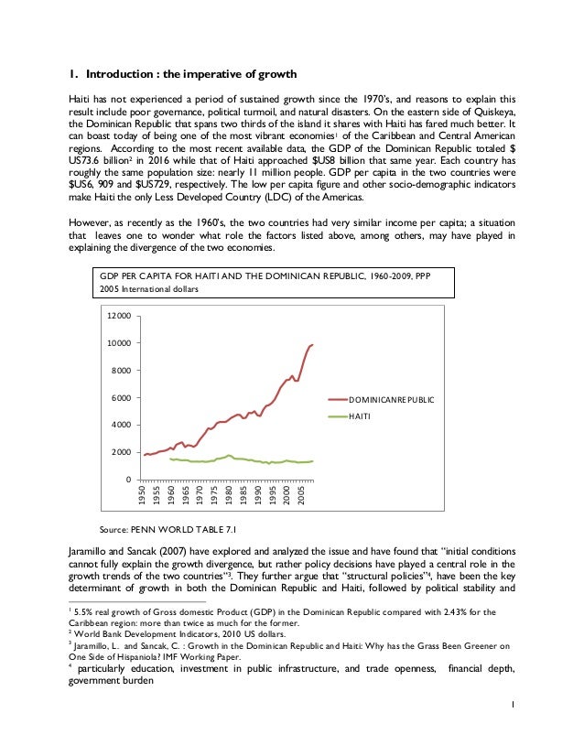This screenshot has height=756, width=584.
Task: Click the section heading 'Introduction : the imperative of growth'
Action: point(191,74)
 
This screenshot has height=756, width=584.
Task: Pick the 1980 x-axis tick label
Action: point(229,497)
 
